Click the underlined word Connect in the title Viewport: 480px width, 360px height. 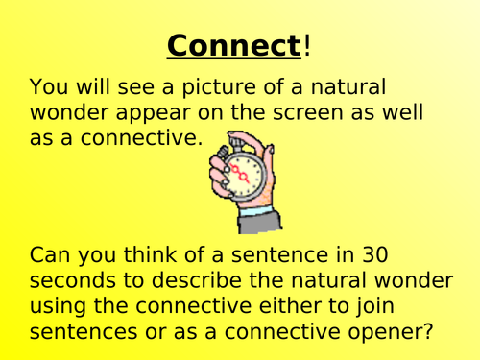coord(232,45)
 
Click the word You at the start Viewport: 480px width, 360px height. coord(49,87)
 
